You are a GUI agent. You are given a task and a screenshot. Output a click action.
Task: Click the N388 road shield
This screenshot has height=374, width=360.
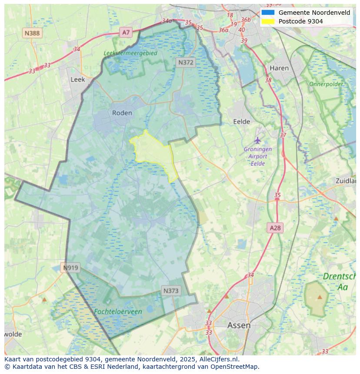coord(32,33)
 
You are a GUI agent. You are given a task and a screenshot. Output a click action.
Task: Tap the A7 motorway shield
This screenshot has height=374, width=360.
coord(126,32)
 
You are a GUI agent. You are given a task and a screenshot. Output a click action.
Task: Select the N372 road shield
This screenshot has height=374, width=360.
coord(186,63)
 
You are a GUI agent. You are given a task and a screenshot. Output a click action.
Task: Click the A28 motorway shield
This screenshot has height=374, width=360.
coord(275,228)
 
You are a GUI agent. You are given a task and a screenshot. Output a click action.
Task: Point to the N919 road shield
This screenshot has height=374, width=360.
coord(70,268)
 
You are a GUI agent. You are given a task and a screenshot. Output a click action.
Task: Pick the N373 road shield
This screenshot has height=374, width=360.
coord(171,291)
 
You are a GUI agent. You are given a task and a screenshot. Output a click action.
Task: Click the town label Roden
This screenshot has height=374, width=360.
coord(122,113)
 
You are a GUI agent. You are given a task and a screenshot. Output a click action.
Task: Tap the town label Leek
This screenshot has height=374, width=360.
coord(78,79)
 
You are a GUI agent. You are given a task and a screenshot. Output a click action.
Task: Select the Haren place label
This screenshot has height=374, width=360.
coord(279,68)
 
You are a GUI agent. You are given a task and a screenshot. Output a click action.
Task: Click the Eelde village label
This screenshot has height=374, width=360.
coord(242,122)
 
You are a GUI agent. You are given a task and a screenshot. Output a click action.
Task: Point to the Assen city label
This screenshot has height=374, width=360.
coord(239,325)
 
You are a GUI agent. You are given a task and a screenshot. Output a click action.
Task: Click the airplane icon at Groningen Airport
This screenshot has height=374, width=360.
coord(258,140)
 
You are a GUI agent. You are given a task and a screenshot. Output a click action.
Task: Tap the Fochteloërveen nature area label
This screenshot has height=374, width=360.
coord(118,312)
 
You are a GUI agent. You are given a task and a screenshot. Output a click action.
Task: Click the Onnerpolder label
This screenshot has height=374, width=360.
coord(326,84)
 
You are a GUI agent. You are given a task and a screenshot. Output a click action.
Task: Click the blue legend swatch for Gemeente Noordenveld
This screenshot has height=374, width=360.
coord(268,13)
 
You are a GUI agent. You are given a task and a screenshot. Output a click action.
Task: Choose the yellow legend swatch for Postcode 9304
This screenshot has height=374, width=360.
coord(268,21)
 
